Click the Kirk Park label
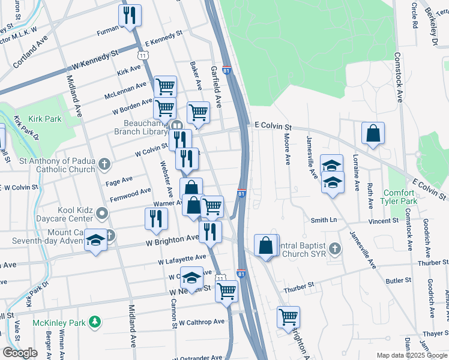46,119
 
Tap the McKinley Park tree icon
94,323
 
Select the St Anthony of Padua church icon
104,164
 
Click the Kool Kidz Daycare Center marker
103,212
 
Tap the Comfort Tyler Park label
399,198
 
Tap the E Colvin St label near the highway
273,127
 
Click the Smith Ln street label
323,221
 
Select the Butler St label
398,280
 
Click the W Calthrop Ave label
201,322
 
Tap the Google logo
20,353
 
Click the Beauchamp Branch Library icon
177,125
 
